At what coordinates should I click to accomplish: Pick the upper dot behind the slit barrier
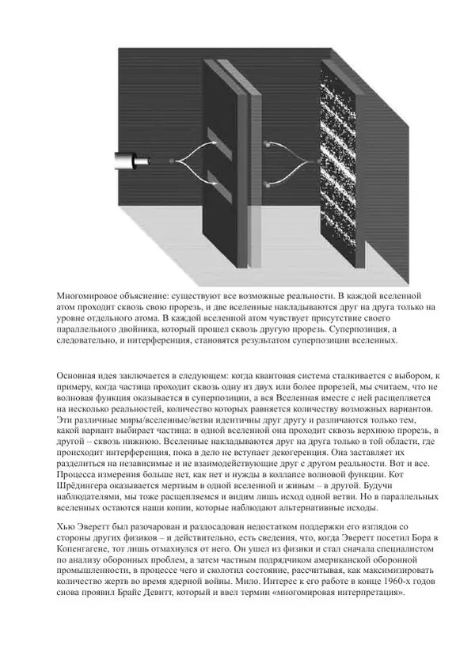(x=269, y=145)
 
